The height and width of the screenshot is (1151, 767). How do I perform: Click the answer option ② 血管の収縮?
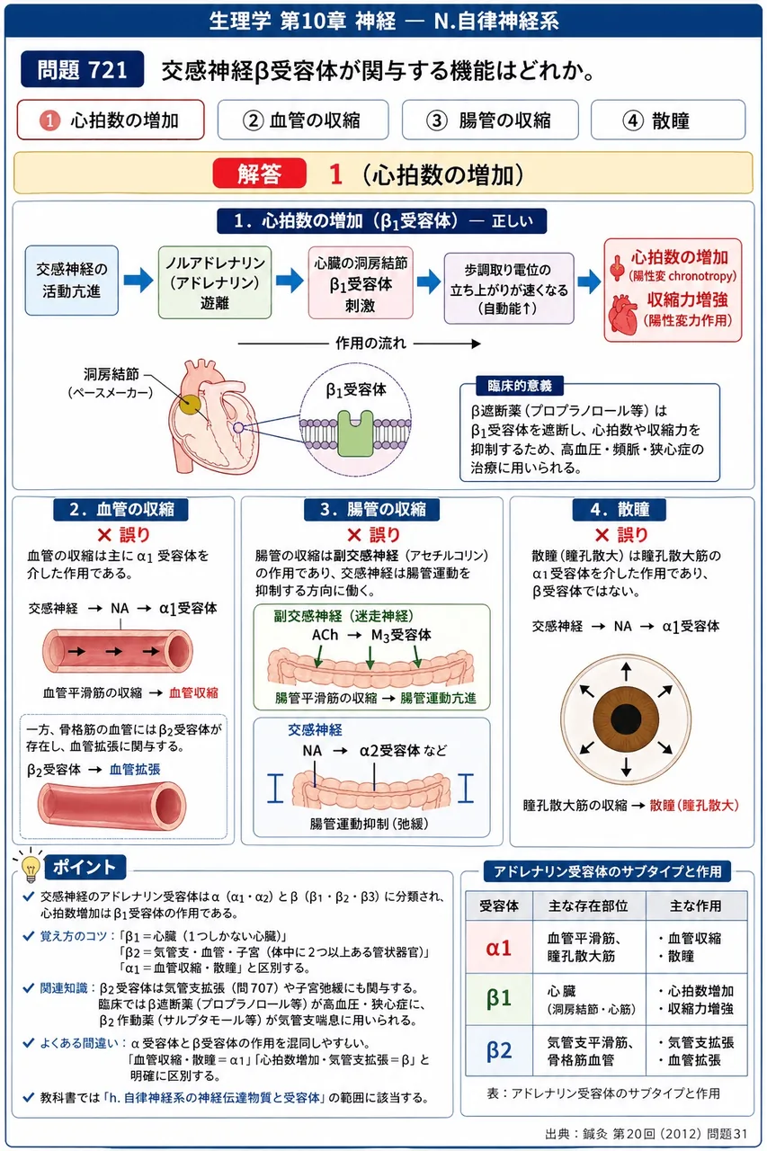(x=303, y=120)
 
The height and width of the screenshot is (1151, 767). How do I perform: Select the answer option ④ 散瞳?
(x=668, y=120)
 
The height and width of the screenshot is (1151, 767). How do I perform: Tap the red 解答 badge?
(x=260, y=174)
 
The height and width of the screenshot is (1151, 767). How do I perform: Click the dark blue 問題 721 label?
(x=82, y=69)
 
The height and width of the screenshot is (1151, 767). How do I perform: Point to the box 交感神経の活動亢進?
(x=71, y=281)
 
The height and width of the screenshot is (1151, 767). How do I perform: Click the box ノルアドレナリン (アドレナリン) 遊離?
(x=215, y=282)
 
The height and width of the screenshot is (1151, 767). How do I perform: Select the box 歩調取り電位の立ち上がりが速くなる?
(x=509, y=289)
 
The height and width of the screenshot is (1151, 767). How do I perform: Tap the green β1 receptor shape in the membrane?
(x=355, y=433)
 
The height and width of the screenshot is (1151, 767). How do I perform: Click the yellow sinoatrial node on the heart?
(x=190, y=404)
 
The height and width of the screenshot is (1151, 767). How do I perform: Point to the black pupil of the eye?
(x=626, y=718)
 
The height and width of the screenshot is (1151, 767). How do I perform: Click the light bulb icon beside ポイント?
(x=31, y=869)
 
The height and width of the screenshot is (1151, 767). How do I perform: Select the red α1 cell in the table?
(x=499, y=948)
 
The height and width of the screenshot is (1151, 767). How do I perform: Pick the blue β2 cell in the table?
(x=499, y=1050)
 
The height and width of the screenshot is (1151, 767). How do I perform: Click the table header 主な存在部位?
(x=588, y=906)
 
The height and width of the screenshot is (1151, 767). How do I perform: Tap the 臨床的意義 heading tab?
(x=520, y=386)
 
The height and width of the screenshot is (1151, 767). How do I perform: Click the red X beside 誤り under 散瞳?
(x=602, y=535)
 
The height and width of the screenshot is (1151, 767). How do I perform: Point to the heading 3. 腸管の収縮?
(x=372, y=509)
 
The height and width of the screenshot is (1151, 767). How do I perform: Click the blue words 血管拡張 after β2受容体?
(x=135, y=769)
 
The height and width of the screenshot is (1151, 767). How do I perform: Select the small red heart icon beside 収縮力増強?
(x=622, y=313)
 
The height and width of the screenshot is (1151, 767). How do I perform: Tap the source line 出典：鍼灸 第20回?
(x=646, y=1134)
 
